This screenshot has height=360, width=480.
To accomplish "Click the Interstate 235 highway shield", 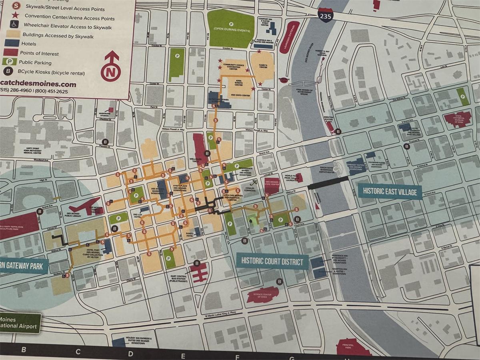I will [326, 15].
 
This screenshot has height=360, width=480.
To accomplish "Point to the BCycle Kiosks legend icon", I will [8, 72].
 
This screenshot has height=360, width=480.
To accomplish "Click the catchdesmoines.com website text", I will [38, 84].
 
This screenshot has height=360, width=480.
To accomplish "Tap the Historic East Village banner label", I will [390, 192].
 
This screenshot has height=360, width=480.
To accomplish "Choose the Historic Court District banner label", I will [272, 261].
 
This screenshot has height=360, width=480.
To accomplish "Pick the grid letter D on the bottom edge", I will [130, 353].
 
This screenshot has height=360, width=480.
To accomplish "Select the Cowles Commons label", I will [249, 190].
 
